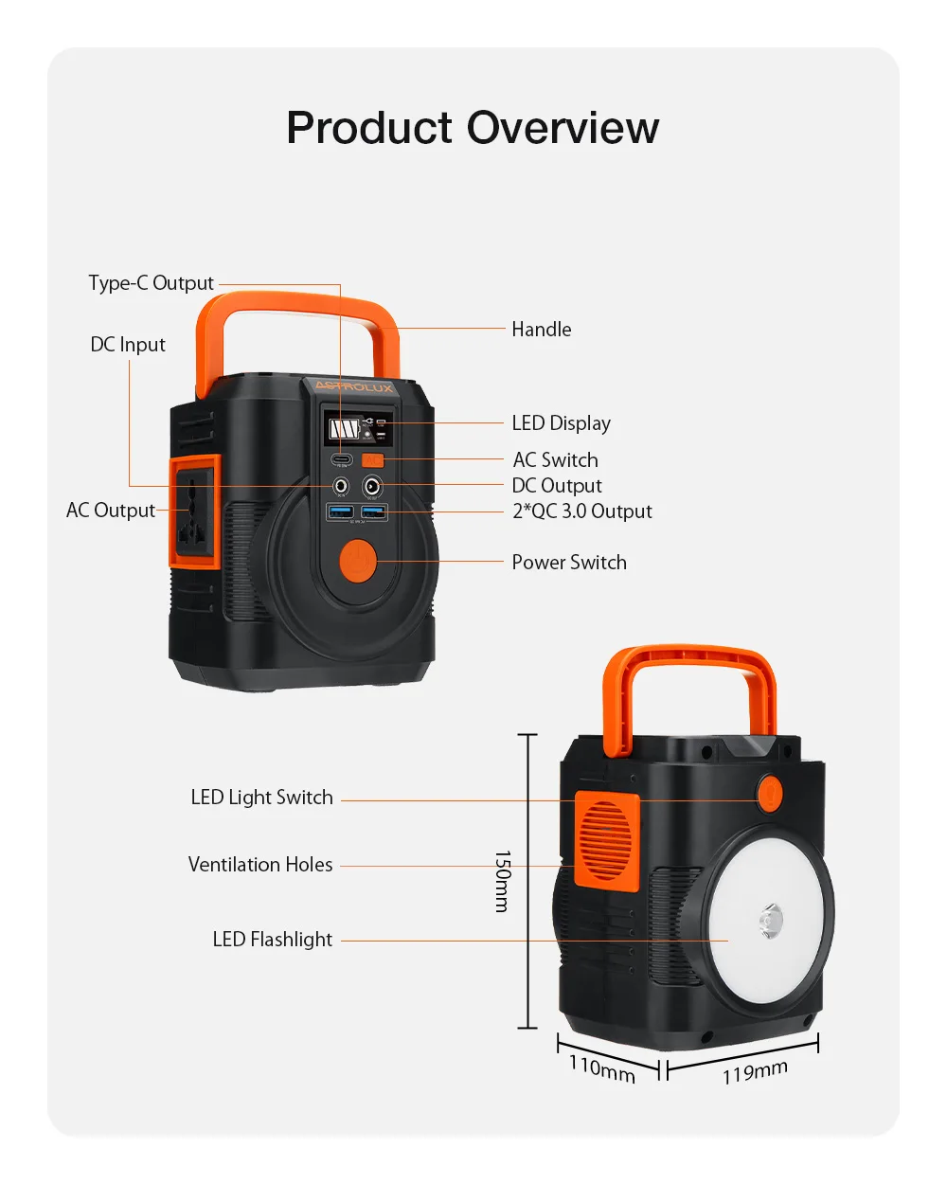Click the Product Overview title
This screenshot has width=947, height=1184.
tap(473, 128)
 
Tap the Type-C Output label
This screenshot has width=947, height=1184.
tap(152, 283)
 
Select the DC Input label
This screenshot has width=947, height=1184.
tap(128, 345)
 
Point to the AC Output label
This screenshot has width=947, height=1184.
tap(111, 511)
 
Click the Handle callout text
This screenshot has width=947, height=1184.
tap(542, 330)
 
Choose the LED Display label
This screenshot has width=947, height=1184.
tap(562, 423)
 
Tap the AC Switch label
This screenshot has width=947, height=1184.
tap(556, 460)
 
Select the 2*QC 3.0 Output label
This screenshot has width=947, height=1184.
tap(582, 511)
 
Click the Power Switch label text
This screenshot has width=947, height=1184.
tap(569, 563)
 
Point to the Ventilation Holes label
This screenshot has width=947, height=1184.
tap(260, 865)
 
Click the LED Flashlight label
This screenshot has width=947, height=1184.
tap(273, 940)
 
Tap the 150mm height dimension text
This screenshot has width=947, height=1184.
tap(503, 881)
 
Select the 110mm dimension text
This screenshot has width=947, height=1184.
tap(602, 1067)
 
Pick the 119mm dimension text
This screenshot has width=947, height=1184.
tap(755, 1072)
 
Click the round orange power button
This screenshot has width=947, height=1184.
tap(358, 560)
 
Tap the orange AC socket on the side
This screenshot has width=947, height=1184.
tap(194, 511)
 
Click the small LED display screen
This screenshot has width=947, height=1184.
tap(358, 429)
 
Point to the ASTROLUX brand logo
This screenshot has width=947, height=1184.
tap(353, 386)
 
